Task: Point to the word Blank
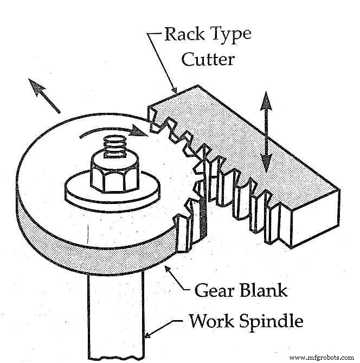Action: click(x=263, y=290)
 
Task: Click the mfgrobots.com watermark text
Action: click(x=323, y=358)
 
